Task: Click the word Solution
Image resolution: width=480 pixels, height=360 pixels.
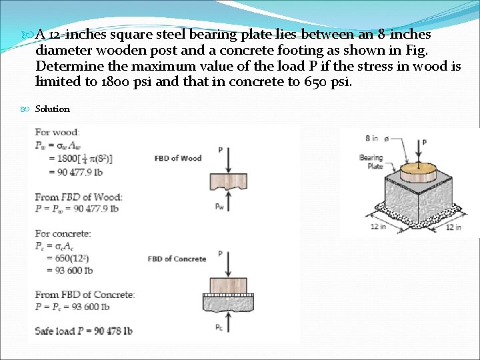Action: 52,109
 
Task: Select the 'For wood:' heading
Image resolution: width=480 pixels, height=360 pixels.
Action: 57,133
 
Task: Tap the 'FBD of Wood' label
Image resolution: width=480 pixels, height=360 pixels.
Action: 177,158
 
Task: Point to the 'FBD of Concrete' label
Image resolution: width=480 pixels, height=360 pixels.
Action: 177,259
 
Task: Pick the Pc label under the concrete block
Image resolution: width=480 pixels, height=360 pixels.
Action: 220,327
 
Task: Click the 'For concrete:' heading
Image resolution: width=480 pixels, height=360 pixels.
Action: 63,234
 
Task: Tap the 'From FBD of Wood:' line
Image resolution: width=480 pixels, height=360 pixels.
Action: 79,197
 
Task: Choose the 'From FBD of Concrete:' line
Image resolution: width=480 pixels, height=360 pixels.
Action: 85,295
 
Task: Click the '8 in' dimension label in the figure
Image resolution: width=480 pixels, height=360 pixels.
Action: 371,139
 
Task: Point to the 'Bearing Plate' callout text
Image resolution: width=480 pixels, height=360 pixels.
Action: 371,162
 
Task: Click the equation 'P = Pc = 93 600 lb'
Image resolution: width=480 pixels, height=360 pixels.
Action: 72,307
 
